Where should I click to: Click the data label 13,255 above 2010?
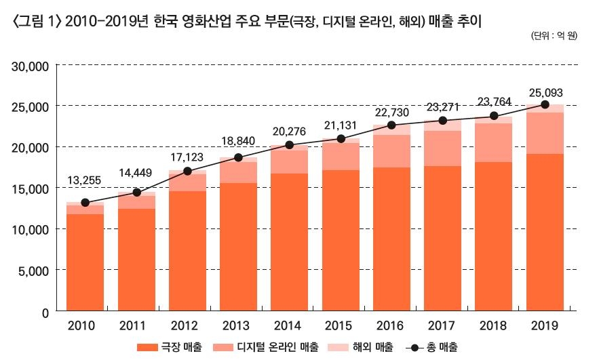(x=85, y=180)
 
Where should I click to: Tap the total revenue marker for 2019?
(x=545, y=104)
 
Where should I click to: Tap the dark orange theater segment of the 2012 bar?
(x=187, y=251)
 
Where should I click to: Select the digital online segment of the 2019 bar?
(x=545, y=133)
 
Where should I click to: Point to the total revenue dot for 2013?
(x=238, y=157)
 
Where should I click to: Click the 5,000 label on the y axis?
(x=30, y=271)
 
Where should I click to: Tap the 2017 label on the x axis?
(x=442, y=325)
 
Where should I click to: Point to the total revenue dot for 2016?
(x=391, y=125)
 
